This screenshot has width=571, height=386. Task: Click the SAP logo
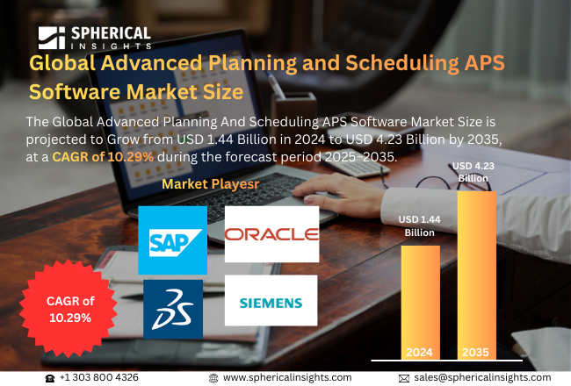(172, 239)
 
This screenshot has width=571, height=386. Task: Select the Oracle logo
(271, 234)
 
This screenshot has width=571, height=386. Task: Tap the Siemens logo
(271, 304)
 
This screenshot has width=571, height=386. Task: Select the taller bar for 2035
(476, 272)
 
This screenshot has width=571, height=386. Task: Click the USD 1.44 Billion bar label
(420, 226)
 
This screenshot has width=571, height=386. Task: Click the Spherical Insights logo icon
(51, 38)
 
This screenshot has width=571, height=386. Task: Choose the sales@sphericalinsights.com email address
(482, 377)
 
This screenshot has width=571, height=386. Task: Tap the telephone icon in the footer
(50, 377)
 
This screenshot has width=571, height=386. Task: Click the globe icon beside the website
(213, 377)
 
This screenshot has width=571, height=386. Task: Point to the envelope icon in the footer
(404, 377)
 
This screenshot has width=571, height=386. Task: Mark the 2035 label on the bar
(476, 352)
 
